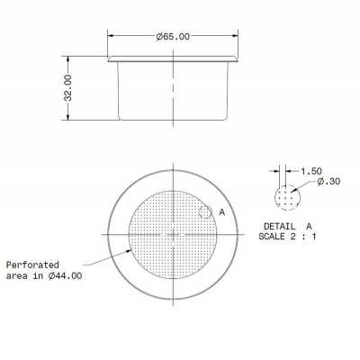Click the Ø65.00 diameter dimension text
[173, 37]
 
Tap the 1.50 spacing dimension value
[311, 170]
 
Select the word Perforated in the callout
[34, 265]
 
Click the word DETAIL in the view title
[282, 225]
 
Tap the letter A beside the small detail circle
[221, 211]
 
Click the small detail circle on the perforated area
[205, 212]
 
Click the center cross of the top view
[172, 233]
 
